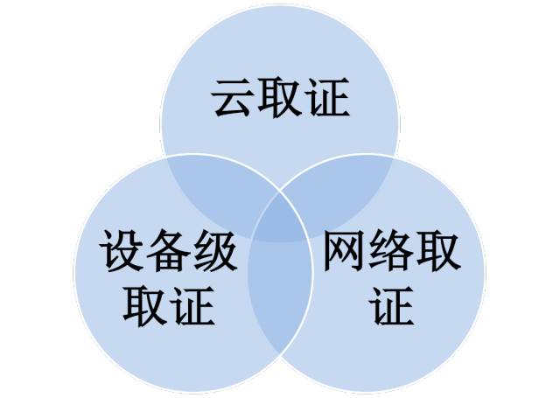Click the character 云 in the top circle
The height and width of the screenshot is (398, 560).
231,97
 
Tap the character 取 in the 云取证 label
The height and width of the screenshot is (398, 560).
280,97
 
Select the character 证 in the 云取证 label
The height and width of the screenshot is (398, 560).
329,97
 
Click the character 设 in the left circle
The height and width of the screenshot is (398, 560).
121,250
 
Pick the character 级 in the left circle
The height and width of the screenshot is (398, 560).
216,250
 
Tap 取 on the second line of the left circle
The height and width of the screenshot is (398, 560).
144,306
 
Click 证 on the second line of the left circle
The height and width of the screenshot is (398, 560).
192,306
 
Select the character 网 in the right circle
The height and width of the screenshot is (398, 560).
344,250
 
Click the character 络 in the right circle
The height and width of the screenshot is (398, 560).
391,250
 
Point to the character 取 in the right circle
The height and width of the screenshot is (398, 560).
439,250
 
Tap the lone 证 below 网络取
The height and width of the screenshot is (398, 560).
392,306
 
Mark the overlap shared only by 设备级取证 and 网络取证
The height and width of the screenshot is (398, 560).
280,293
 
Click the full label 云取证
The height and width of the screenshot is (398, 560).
280,97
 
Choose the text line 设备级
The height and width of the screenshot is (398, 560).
169,250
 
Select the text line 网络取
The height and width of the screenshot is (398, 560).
392,250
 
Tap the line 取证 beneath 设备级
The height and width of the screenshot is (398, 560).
169,306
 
